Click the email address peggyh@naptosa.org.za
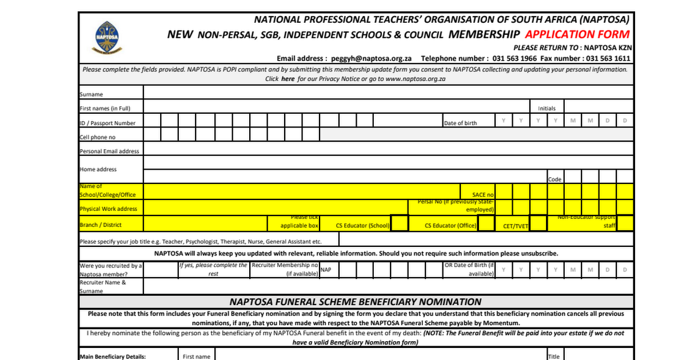coord(371,58)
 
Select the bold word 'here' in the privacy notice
coord(288,79)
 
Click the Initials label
coord(547,108)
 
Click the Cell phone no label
coord(98,137)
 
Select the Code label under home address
coord(555,179)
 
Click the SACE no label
coord(483,195)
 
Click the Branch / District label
coord(101,225)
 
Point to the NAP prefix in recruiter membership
coord(326,269)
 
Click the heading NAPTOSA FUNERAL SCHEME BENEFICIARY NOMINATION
coord(356,302)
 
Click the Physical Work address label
coord(109,209)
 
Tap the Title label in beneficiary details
coord(553,357)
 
